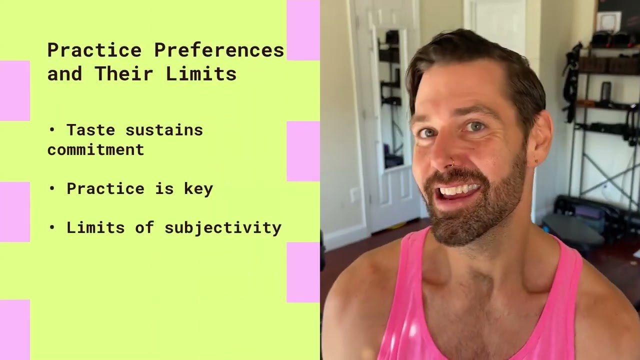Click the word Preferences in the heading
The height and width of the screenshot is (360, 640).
(x=219, y=50)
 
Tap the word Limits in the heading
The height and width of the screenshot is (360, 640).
(x=201, y=73)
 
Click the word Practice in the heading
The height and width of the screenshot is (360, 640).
(x=94, y=50)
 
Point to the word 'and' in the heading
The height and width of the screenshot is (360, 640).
(x=65, y=73)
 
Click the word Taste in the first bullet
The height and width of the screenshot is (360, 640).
(x=91, y=130)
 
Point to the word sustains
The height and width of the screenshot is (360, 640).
(x=164, y=130)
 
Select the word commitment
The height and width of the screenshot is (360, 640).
(x=95, y=149)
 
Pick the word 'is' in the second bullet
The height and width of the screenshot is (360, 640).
(x=164, y=188)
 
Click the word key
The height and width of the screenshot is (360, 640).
(x=198, y=189)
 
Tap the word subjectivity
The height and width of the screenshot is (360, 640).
(x=223, y=228)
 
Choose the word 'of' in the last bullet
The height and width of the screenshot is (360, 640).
(x=144, y=227)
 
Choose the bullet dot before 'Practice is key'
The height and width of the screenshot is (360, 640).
(x=52, y=188)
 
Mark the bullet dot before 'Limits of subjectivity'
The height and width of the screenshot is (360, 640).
(x=52, y=227)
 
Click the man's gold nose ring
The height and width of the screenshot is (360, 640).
(x=452, y=163)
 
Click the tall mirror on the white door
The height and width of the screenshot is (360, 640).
(x=391, y=98)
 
